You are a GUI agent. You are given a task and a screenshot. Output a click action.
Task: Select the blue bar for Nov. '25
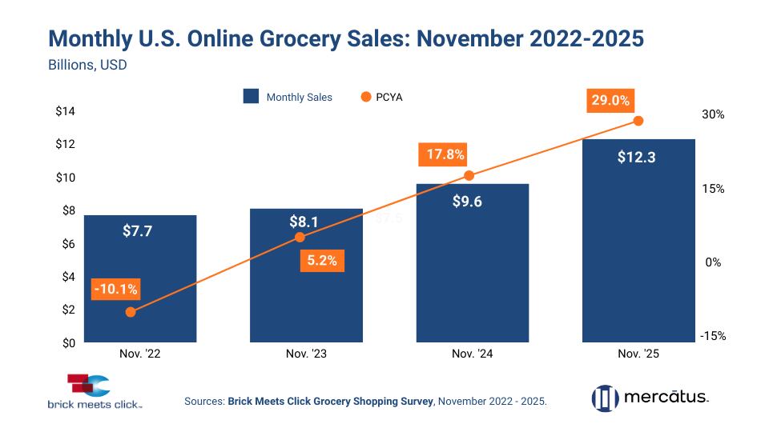coord(638,240)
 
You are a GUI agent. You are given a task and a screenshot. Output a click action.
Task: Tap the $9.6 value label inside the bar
coord(472,202)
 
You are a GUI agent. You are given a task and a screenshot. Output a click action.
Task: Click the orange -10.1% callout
coord(115,289)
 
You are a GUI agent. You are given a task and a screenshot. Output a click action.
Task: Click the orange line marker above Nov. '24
coord(469,176)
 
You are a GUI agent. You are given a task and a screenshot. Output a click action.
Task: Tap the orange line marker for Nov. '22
coord(131,312)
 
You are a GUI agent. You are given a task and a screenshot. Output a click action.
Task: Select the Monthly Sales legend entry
coord(288,97)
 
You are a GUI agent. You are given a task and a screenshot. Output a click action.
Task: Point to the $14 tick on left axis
coord(65,111)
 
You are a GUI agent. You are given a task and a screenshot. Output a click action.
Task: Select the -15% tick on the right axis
coord(711,336)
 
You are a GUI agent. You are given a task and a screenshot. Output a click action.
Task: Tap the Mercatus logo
coord(650,397)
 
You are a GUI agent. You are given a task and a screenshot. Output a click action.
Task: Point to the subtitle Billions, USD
coord(87,65)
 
